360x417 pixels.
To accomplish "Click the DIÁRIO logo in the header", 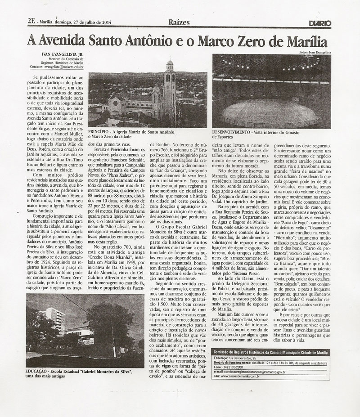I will coord(320,22).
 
